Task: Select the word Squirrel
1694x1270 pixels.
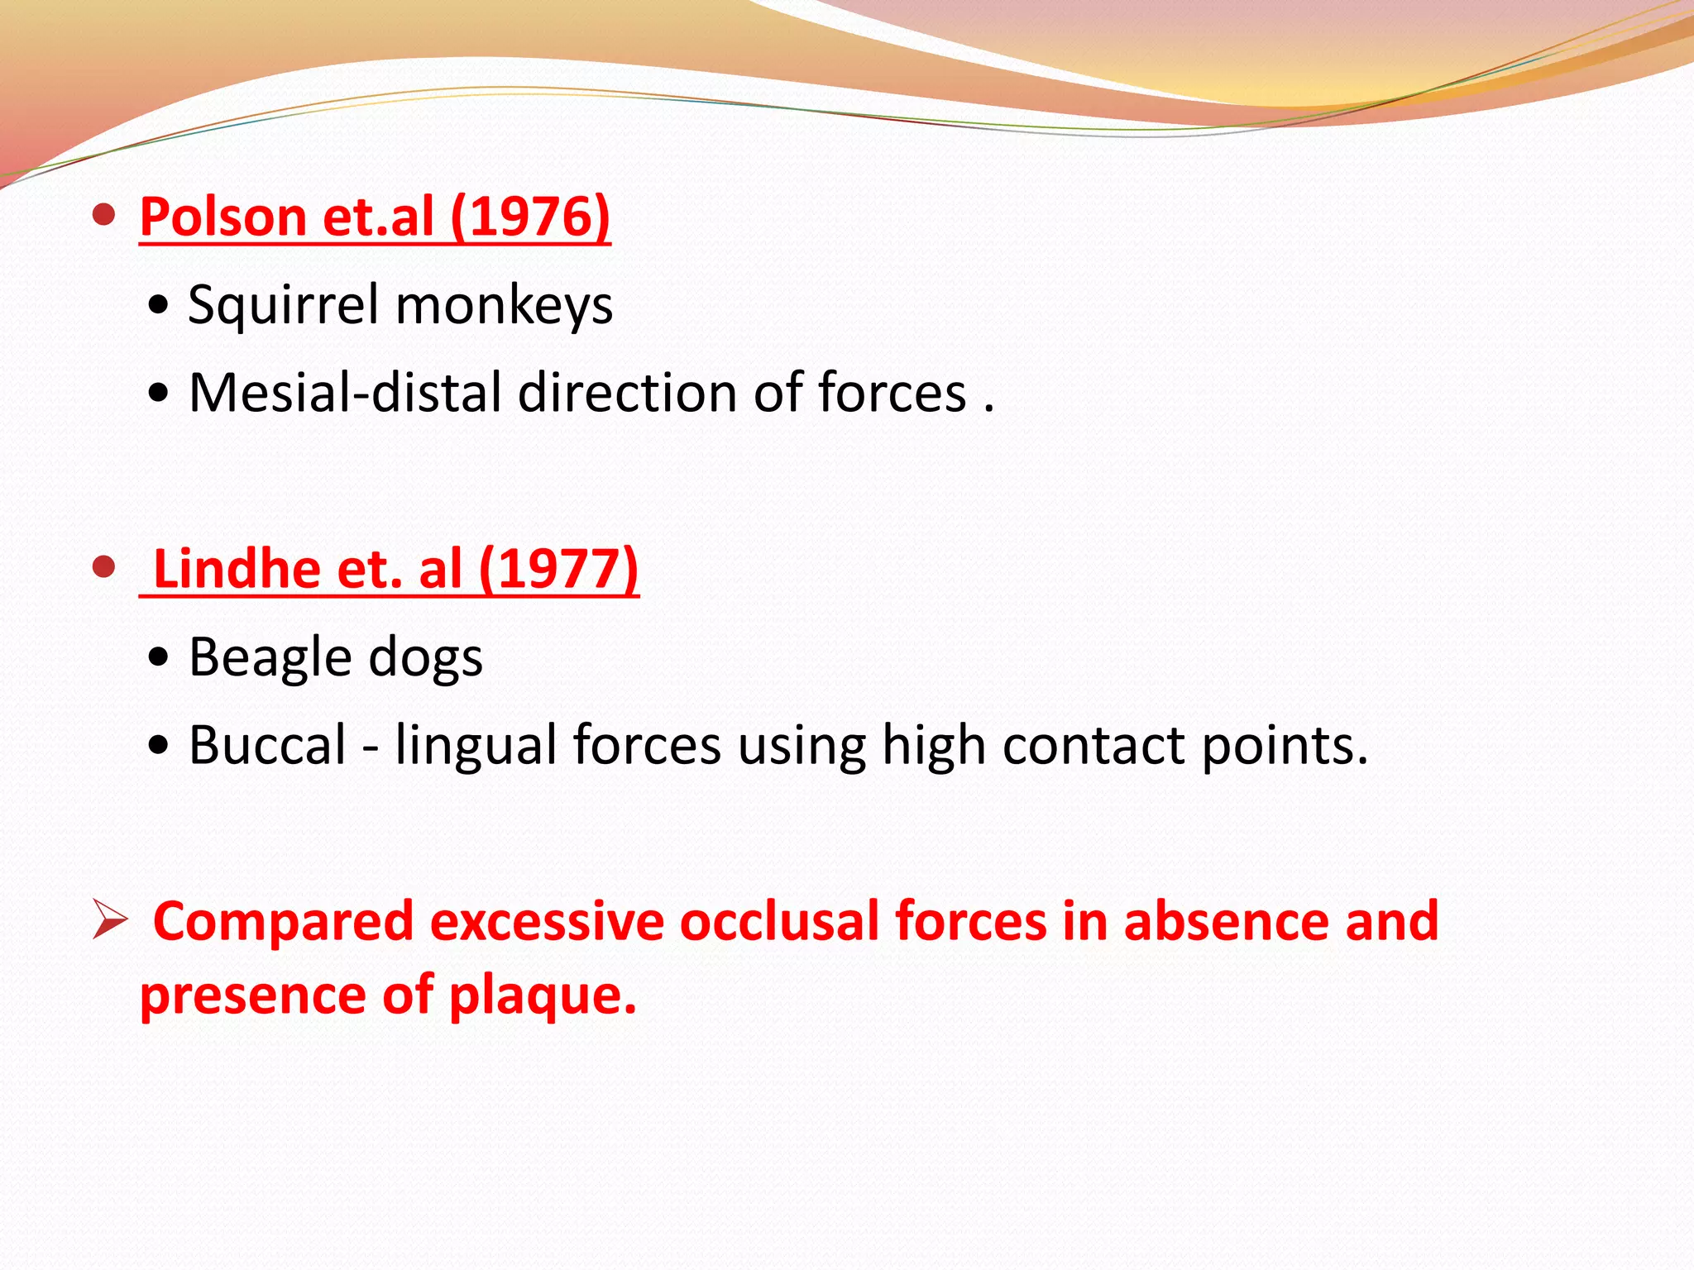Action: point(284,305)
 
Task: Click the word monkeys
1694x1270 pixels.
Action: point(504,305)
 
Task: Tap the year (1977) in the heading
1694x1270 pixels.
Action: point(558,569)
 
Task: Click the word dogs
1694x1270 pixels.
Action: point(425,658)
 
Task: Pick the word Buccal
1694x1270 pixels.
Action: point(267,745)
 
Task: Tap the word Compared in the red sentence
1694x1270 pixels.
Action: point(283,921)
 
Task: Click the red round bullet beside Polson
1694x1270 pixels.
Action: point(103,216)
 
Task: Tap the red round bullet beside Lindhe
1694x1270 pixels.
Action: point(103,568)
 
